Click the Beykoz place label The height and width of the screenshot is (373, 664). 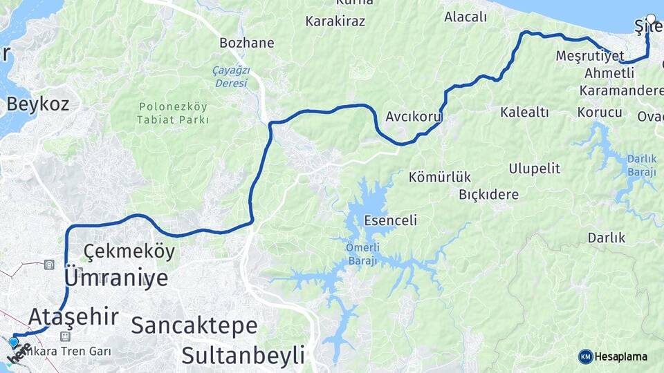[39, 104]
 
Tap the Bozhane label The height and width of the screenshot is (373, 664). [246, 43]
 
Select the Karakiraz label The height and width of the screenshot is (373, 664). [335, 21]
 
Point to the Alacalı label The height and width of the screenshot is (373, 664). [465, 17]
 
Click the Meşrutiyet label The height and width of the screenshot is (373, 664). [590, 56]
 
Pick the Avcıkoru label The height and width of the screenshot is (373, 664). [414, 116]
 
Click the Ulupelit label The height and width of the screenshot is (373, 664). [535, 169]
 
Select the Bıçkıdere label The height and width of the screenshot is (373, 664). [488, 194]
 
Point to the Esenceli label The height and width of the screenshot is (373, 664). [391, 221]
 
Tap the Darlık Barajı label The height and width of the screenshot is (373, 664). [642, 164]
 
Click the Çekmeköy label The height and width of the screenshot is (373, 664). [129, 251]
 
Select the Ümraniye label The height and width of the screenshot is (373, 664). [116, 278]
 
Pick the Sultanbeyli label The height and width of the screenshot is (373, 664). [243, 356]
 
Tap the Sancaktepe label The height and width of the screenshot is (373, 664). [194, 325]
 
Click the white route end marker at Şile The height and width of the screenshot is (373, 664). [651, 19]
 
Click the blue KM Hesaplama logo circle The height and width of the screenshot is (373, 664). [586, 356]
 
